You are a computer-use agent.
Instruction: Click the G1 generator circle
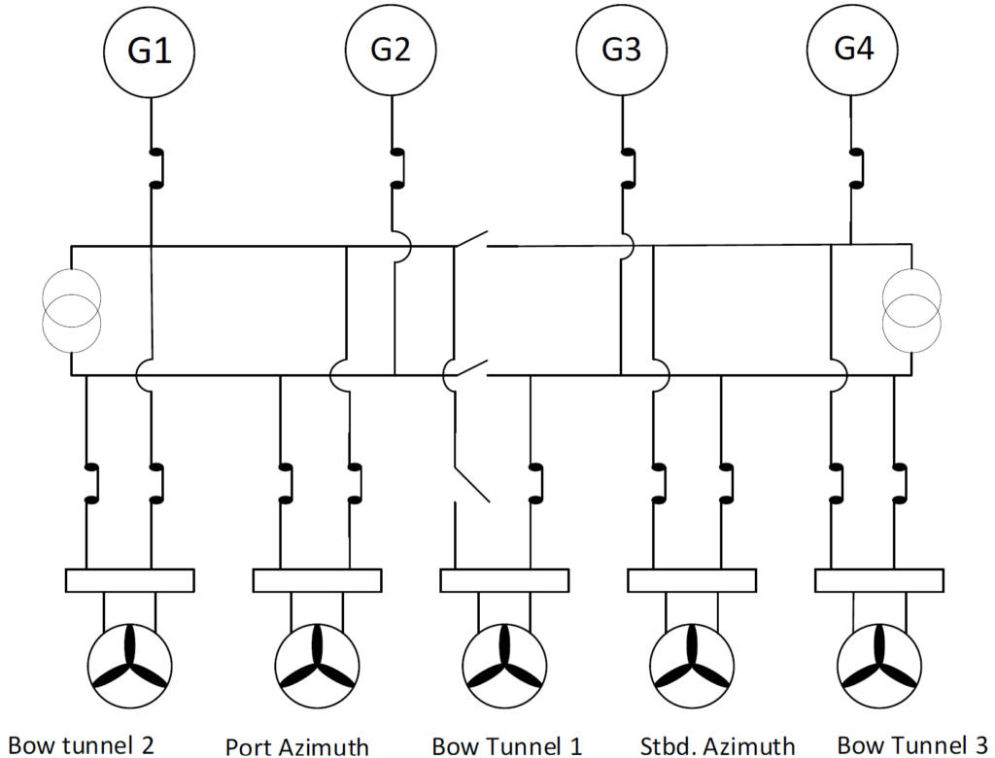tap(151, 50)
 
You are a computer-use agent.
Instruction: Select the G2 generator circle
tap(391, 50)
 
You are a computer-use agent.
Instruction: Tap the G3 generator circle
tap(621, 50)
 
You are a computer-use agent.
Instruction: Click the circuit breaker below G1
tap(154, 167)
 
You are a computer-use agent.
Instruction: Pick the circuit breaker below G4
tap(855, 167)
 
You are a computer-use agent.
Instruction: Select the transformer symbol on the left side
tap(72, 311)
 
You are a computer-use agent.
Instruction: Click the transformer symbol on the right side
tap(911, 311)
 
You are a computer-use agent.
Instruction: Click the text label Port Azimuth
tap(297, 746)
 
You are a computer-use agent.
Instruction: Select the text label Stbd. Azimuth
tap(718, 746)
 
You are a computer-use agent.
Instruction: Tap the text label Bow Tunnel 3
tap(912, 745)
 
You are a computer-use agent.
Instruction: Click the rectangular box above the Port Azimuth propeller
tap(317, 580)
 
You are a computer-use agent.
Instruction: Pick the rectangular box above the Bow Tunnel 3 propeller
tap(878, 580)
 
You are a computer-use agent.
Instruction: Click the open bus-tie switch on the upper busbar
tap(470, 241)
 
